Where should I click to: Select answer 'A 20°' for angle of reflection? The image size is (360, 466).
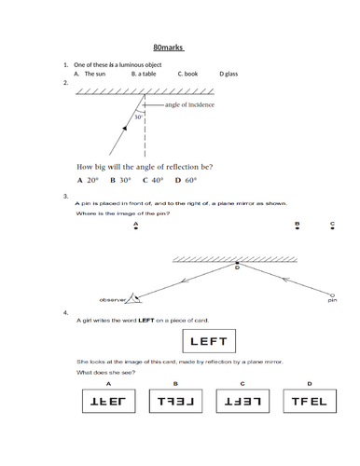point(88,180)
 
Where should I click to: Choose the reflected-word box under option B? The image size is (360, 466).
point(176,402)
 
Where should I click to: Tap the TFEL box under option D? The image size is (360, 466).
point(309,402)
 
